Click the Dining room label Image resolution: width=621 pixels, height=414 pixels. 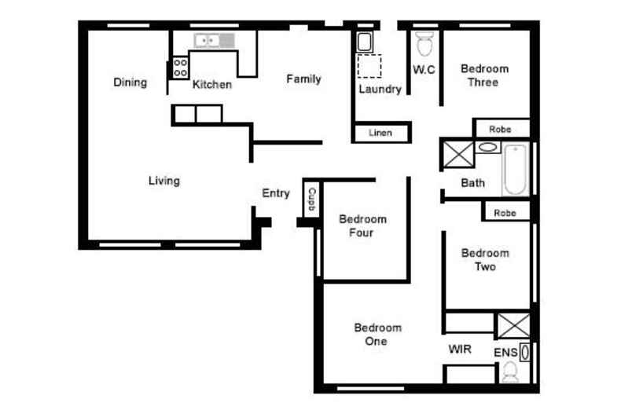(130, 82)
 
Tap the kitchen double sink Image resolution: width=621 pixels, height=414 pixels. (214, 40)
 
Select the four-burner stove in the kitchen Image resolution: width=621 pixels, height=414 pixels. (180, 68)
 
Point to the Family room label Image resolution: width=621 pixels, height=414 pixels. (303, 79)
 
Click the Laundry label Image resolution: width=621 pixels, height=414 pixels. (380, 89)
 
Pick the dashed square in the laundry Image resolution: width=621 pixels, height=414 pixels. (369, 66)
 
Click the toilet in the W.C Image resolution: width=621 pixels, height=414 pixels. (424, 44)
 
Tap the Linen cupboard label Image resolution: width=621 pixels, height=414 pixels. (380, 133)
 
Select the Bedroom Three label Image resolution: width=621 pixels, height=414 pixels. (484, 75)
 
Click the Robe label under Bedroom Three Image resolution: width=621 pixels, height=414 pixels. (500, 129)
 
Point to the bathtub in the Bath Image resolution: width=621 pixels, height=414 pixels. (515, 170)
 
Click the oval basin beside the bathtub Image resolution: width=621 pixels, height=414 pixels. (488, 148)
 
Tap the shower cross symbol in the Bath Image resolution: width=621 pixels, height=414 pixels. (458, 154)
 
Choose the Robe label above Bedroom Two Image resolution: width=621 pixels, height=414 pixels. (505, 213)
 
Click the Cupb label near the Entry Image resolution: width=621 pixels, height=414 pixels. (312, 199)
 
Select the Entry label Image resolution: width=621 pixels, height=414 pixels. (276, 193)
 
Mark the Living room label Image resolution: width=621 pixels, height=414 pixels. (164, 181)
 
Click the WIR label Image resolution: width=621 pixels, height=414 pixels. (460, 349)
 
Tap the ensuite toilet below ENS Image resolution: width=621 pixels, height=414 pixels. (510, 372)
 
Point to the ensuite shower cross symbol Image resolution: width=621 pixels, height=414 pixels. (513, 325)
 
